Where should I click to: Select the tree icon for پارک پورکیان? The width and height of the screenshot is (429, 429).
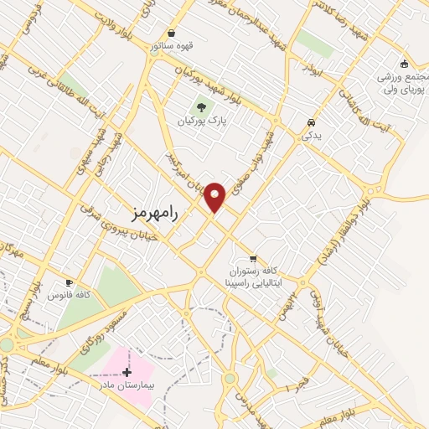point(201,106)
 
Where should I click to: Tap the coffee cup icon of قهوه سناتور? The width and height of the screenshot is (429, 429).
point(172,33)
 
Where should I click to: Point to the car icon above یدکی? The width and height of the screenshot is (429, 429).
point(311,120)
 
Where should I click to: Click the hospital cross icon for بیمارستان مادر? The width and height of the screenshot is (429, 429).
point(127,372)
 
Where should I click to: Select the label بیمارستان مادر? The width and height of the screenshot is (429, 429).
point(127,385)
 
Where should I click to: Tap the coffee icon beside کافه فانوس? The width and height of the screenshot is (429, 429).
point(70,283)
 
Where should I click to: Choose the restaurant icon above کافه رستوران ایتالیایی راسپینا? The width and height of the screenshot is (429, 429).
point(253,259)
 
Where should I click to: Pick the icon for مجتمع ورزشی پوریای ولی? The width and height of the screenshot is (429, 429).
point(404,64)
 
